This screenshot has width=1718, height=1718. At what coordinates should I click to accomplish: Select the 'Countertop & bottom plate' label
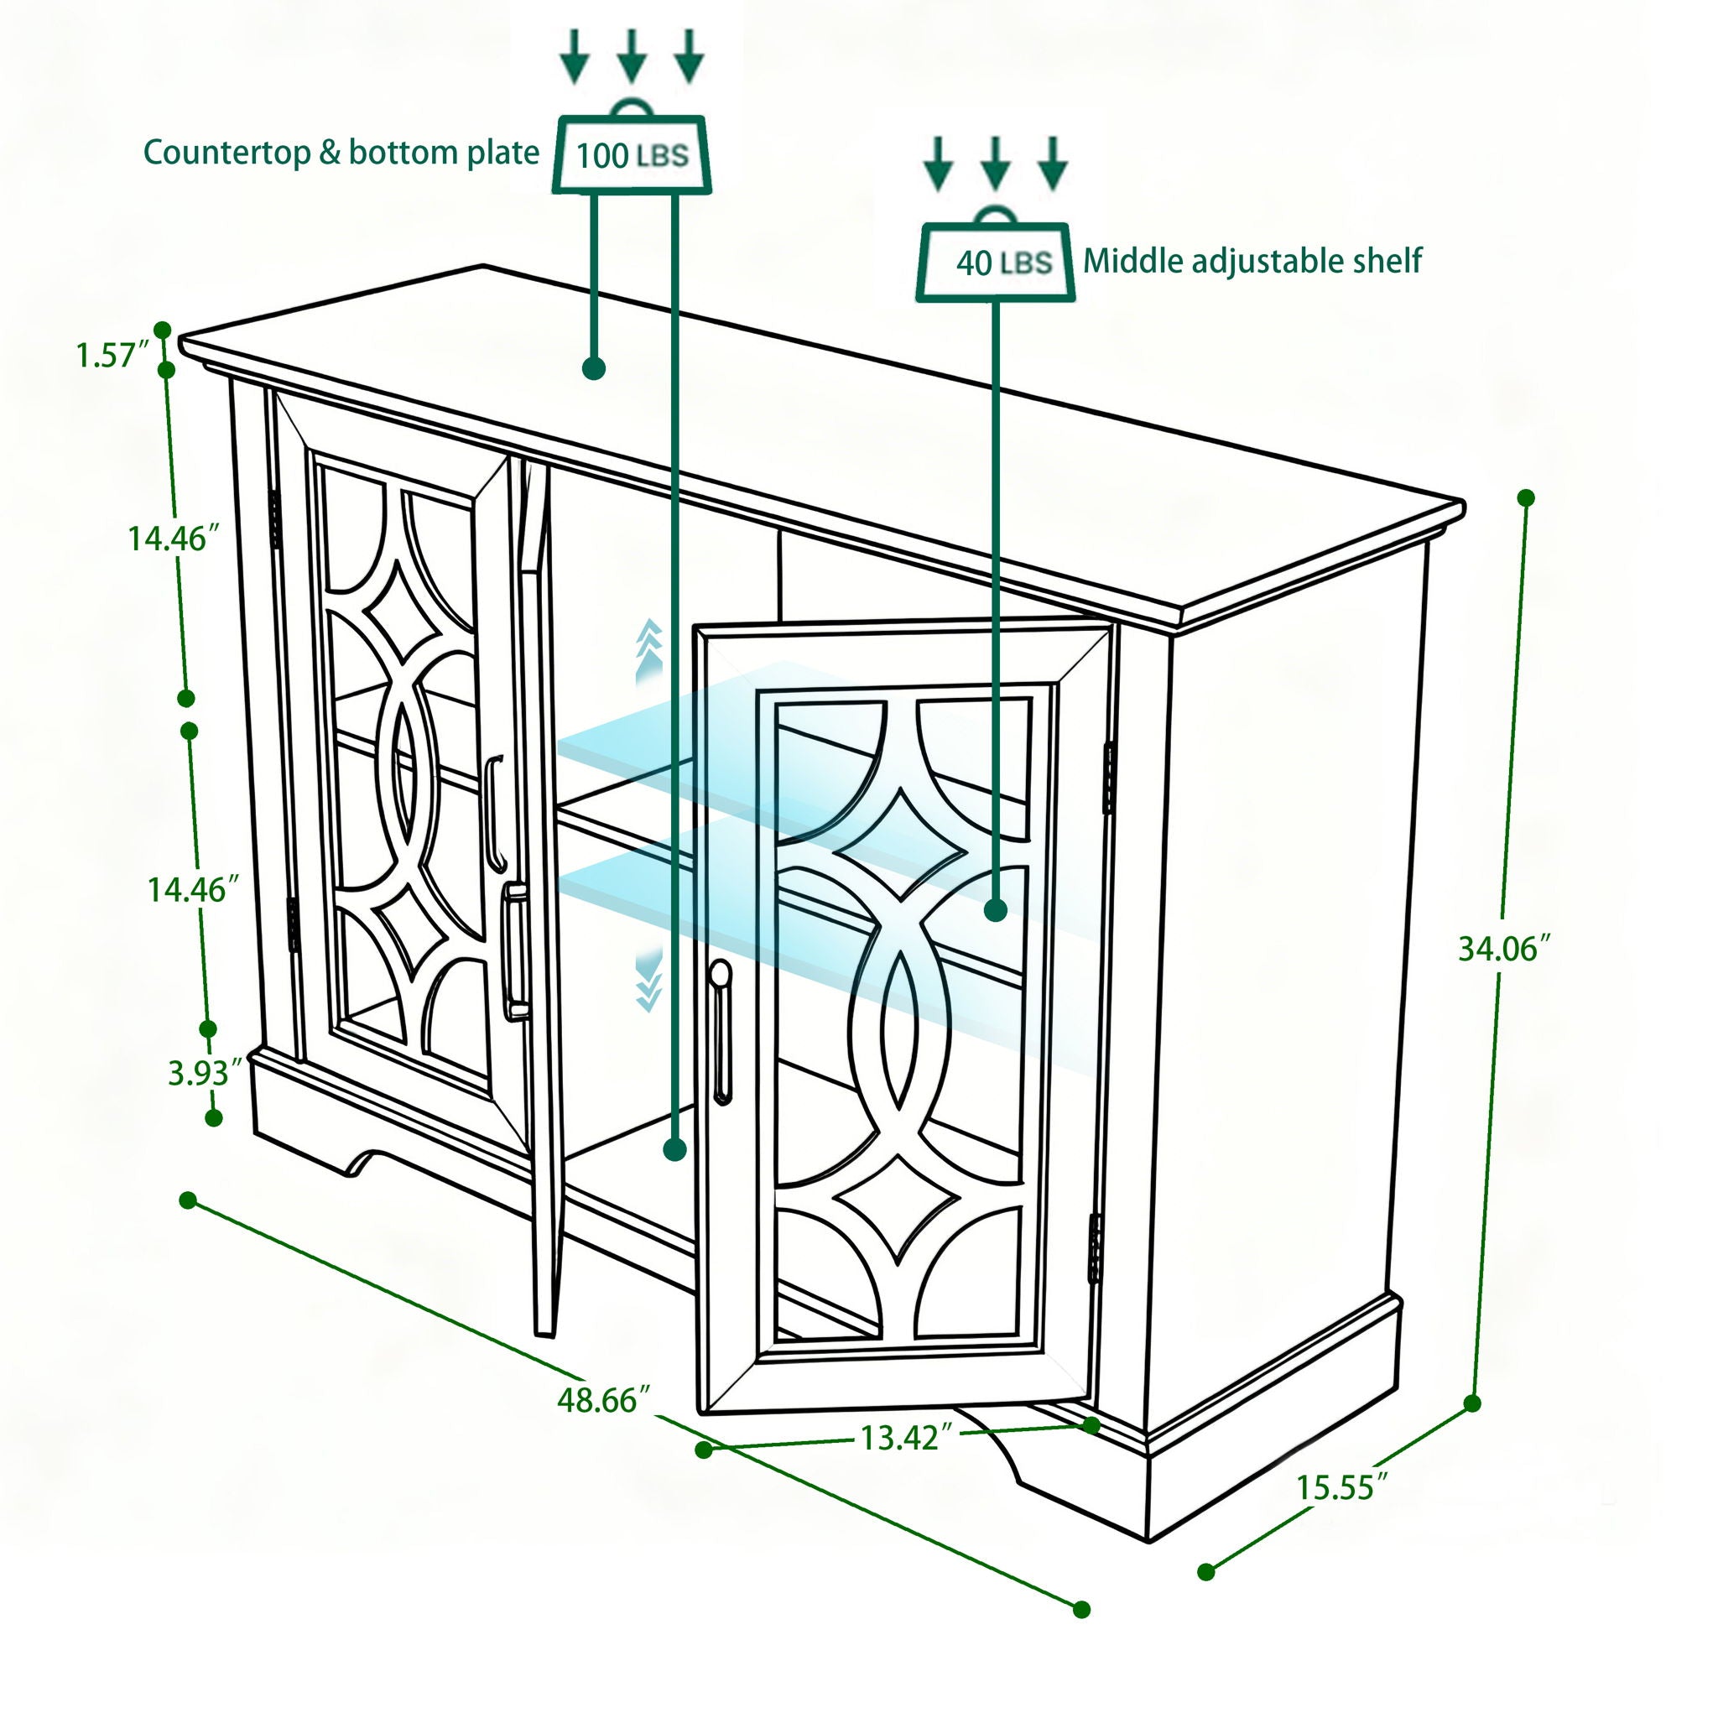(x=341, y=152)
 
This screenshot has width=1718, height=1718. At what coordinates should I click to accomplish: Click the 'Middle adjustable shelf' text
(x=1252, y=261)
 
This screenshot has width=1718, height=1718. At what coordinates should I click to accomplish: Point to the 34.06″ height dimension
(x=1502, y=949)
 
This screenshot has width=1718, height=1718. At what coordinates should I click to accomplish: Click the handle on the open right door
(x=721, y=1032)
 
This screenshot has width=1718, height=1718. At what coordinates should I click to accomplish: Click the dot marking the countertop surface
(x=594, y=368)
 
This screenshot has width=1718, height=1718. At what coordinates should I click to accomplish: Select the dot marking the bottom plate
(x=675, y=1150)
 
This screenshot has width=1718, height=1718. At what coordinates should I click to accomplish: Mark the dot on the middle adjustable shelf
(x=996, y=909)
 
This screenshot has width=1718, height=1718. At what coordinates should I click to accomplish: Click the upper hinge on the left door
(x=276, y=520)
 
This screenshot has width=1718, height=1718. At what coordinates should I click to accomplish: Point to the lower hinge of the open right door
(x=1096, y=1248)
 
